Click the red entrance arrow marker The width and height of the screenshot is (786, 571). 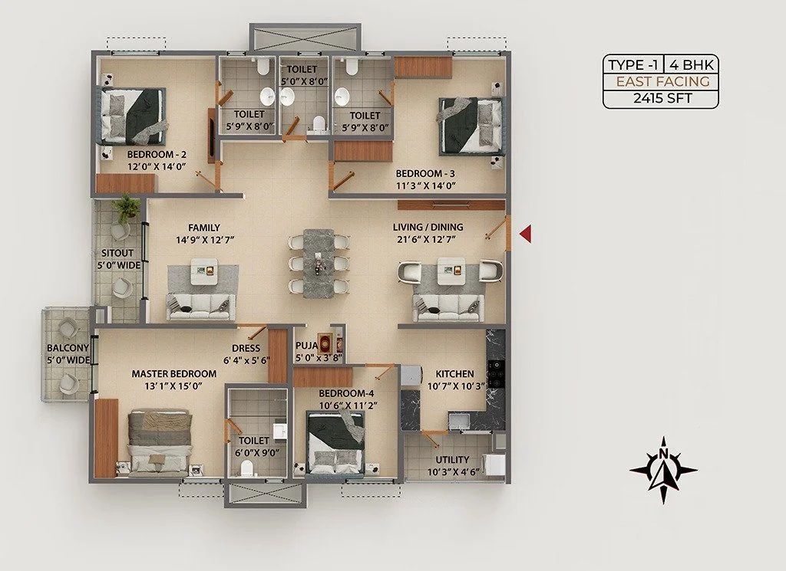525,234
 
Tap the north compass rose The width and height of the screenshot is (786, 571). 663,469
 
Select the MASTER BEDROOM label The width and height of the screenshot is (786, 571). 174,374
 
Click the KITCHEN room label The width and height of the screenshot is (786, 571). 454,374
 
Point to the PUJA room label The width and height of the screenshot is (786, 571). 307,346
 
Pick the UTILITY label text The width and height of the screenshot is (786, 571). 452,459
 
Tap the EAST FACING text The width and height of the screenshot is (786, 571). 662,81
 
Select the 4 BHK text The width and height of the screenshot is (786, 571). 691,65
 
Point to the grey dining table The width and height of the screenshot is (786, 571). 319,263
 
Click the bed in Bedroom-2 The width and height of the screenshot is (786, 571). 134,116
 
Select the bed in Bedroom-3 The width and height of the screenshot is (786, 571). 471,126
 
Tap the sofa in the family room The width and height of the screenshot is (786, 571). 200,307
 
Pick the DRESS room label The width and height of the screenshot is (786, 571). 246,348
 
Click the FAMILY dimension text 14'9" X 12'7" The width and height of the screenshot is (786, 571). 206,239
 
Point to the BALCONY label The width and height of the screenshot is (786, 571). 68,348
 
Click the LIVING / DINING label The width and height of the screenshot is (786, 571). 428,227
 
